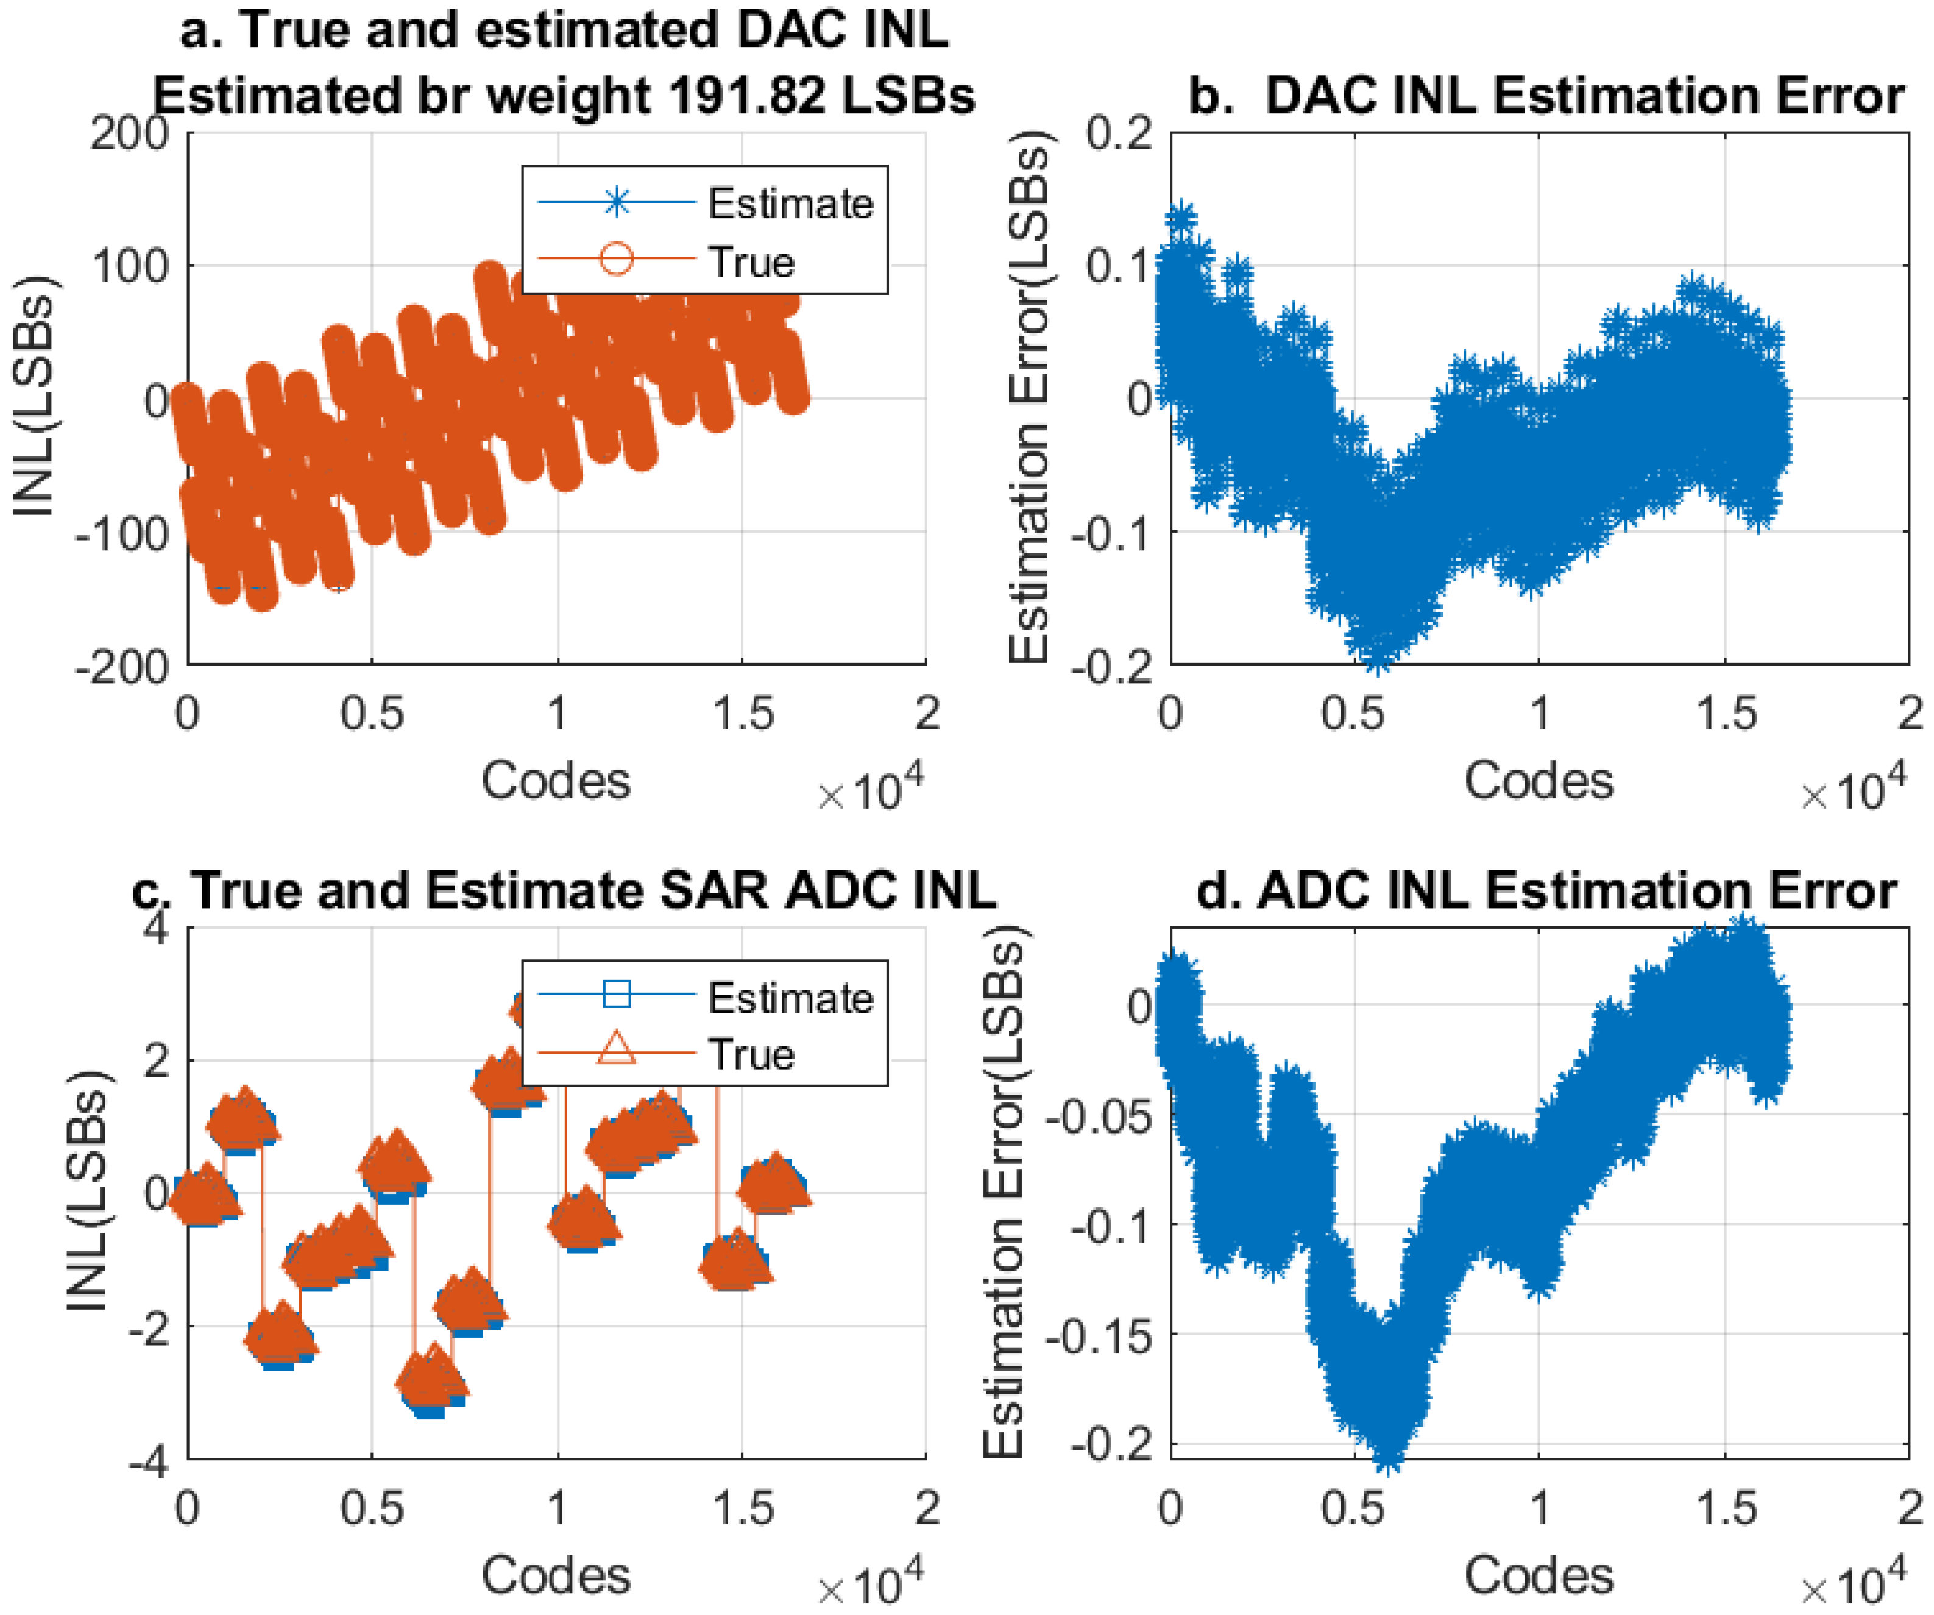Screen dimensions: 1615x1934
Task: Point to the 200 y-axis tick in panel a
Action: tap(130, 135)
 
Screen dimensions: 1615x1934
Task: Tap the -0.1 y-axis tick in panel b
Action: tap(1111, 533)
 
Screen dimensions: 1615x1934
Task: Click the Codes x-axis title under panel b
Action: tap(1538, 781)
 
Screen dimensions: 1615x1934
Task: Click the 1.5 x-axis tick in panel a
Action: tap(742, 714)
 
